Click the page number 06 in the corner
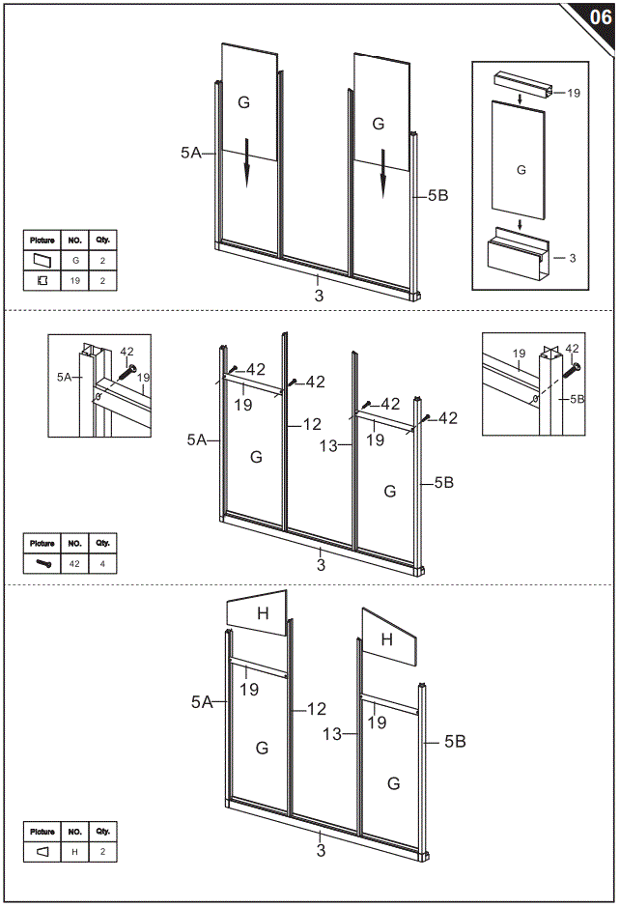pyautogui.click(x=599, y=16)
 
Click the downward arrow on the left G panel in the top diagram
pyautogui.click(x=246, y=168)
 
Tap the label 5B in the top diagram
pyautogui.click(x=437, y=195)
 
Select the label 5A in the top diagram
pyautogui.click(x=190, y=152)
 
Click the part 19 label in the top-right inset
pyautogui.click(x=574, y=94)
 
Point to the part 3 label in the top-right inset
pyautogui.click(x=572, y=258)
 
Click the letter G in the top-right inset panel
pyautogui.click(x=521, y=170)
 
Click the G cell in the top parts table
pyautogui.click(x=74, y=260)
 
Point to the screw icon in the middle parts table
pyautogui.click(x=42, y=563)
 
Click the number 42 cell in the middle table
pyautogui.click(x=74, y=563)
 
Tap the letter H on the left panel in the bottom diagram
pyautogui.click(x=262, y=612)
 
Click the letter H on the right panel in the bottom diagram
pyautogui.click(x=386, y=638)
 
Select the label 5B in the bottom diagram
pyautogui.click(x=455, y=742)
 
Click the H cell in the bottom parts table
pyautogui.click(x=74, y=851)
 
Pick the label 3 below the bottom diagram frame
pyautogui.click(x=321, y=851)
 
